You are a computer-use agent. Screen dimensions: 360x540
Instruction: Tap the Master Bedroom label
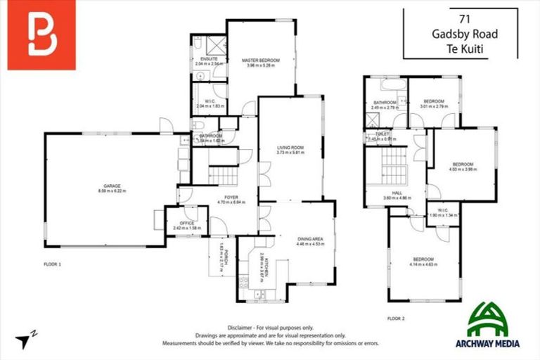(260, 61)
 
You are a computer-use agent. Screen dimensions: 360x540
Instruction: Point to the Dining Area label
(309, 240)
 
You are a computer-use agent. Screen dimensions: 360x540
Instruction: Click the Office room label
(186, 224)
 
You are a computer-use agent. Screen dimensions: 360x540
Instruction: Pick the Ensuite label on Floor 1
(209, 58)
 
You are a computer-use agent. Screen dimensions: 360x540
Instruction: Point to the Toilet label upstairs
(382, 134)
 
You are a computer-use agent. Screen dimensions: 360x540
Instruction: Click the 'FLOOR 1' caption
(53, 264)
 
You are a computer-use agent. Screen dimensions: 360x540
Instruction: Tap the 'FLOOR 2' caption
(397, 319)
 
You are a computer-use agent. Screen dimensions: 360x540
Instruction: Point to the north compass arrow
(24, 340)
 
